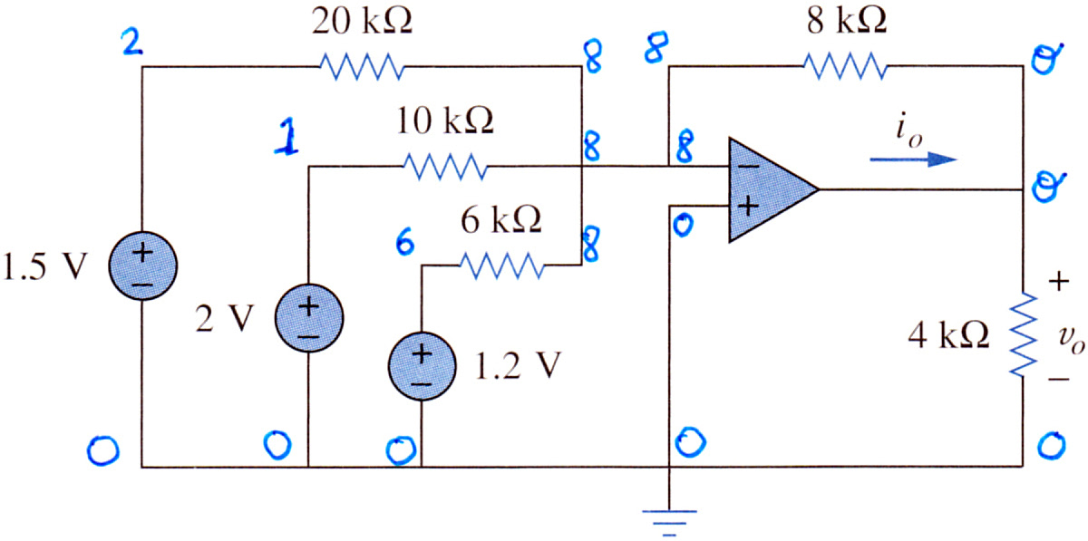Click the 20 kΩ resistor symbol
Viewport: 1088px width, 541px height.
click(x=362, y=66)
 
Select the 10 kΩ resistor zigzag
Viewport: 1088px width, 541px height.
click(x=445, y=167)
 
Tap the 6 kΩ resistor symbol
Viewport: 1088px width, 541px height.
click(x=501, y=266)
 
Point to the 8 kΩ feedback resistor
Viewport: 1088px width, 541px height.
click(x=846, y=66)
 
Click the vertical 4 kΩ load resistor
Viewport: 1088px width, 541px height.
click(x=1024, y=334)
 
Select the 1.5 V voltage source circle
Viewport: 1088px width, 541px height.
click(x=143, y=266)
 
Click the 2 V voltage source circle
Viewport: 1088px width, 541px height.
click(x=309, y=317)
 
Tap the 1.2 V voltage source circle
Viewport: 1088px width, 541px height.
click(x=422, y=366)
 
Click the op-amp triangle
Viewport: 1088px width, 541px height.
click(x=773, y=190)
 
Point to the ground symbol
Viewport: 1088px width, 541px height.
click(x=669, y=523)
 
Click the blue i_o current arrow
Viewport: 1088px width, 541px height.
click(x=913, y=159)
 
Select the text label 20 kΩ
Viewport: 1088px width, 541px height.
click(x=362, y=22)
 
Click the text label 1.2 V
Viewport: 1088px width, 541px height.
click(x=518, y=366)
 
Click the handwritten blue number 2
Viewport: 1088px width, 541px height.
click(x=131, y=42)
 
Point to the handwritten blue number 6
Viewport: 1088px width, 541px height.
click(x=404, y=241)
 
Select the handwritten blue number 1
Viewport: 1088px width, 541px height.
click(x=287, y=136)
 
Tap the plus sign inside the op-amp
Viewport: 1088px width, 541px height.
click(x=749, y=207)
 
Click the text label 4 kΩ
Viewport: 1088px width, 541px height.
click(x=948, y=335)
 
